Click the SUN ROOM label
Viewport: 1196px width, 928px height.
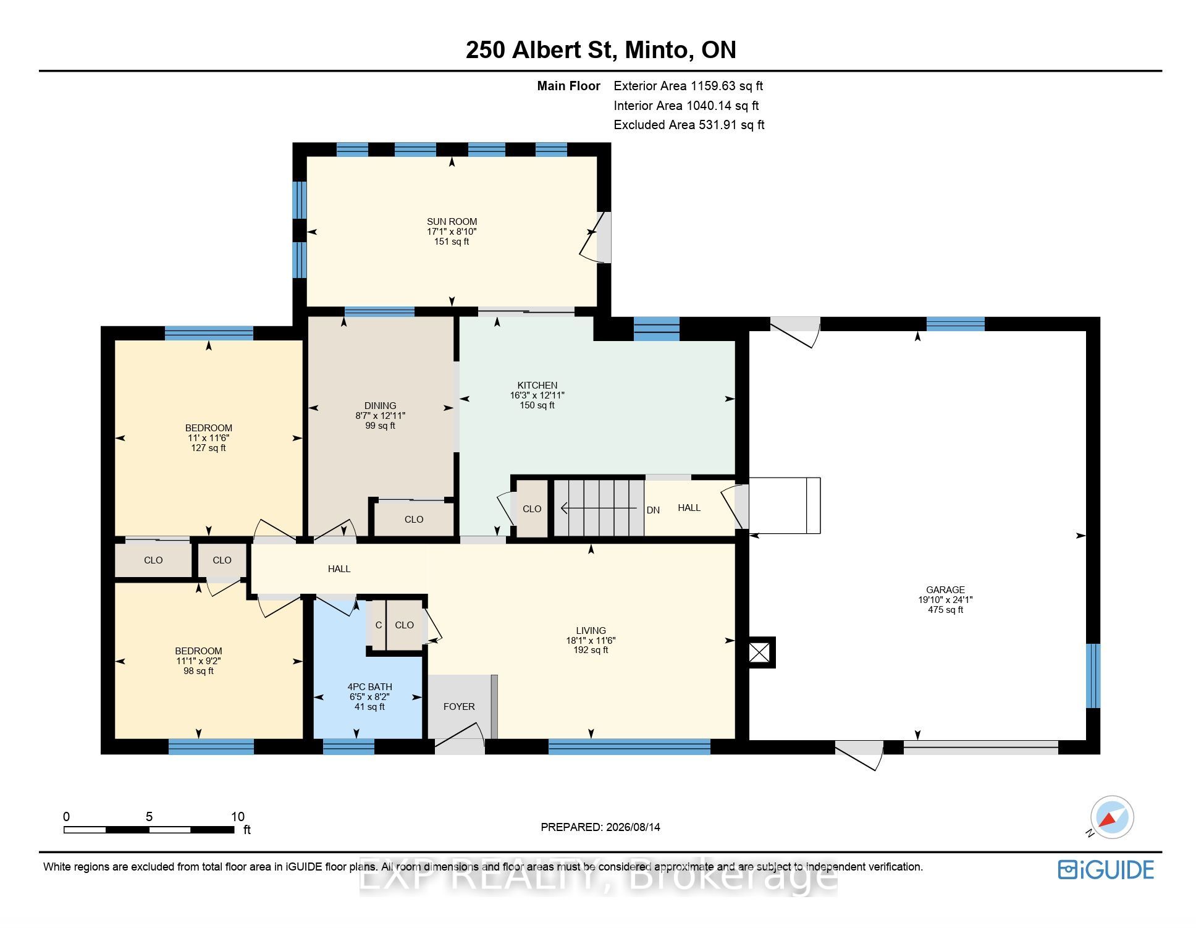[452, 222]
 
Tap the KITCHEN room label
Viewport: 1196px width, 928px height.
[537, 385]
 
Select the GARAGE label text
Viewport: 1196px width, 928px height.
[945, 589]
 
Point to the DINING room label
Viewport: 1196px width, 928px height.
[380, 406]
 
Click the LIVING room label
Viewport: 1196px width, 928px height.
[591, 630]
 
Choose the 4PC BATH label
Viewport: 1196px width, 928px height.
[369, 686]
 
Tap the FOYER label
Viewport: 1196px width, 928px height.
[459, 706]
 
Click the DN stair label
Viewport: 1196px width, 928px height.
[653, 510]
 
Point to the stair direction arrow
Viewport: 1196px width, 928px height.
[599, 508]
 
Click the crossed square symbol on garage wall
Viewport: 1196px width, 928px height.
[760, 652]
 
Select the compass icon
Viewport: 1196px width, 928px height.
[1111, 817]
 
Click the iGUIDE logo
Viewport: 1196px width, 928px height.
[1106, 870]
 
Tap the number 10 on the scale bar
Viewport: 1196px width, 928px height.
[238, 816]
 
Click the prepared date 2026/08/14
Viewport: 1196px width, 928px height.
[633, 827]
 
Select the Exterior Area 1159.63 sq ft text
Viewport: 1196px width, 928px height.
[688, 86]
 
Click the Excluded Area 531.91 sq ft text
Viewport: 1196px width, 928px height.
[689, 125]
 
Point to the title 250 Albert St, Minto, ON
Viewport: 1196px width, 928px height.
[600, 50]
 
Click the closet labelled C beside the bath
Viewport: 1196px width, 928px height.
[378, 625]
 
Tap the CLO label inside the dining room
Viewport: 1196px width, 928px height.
[414, 520]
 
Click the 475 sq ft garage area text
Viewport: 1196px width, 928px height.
[945, 610]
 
